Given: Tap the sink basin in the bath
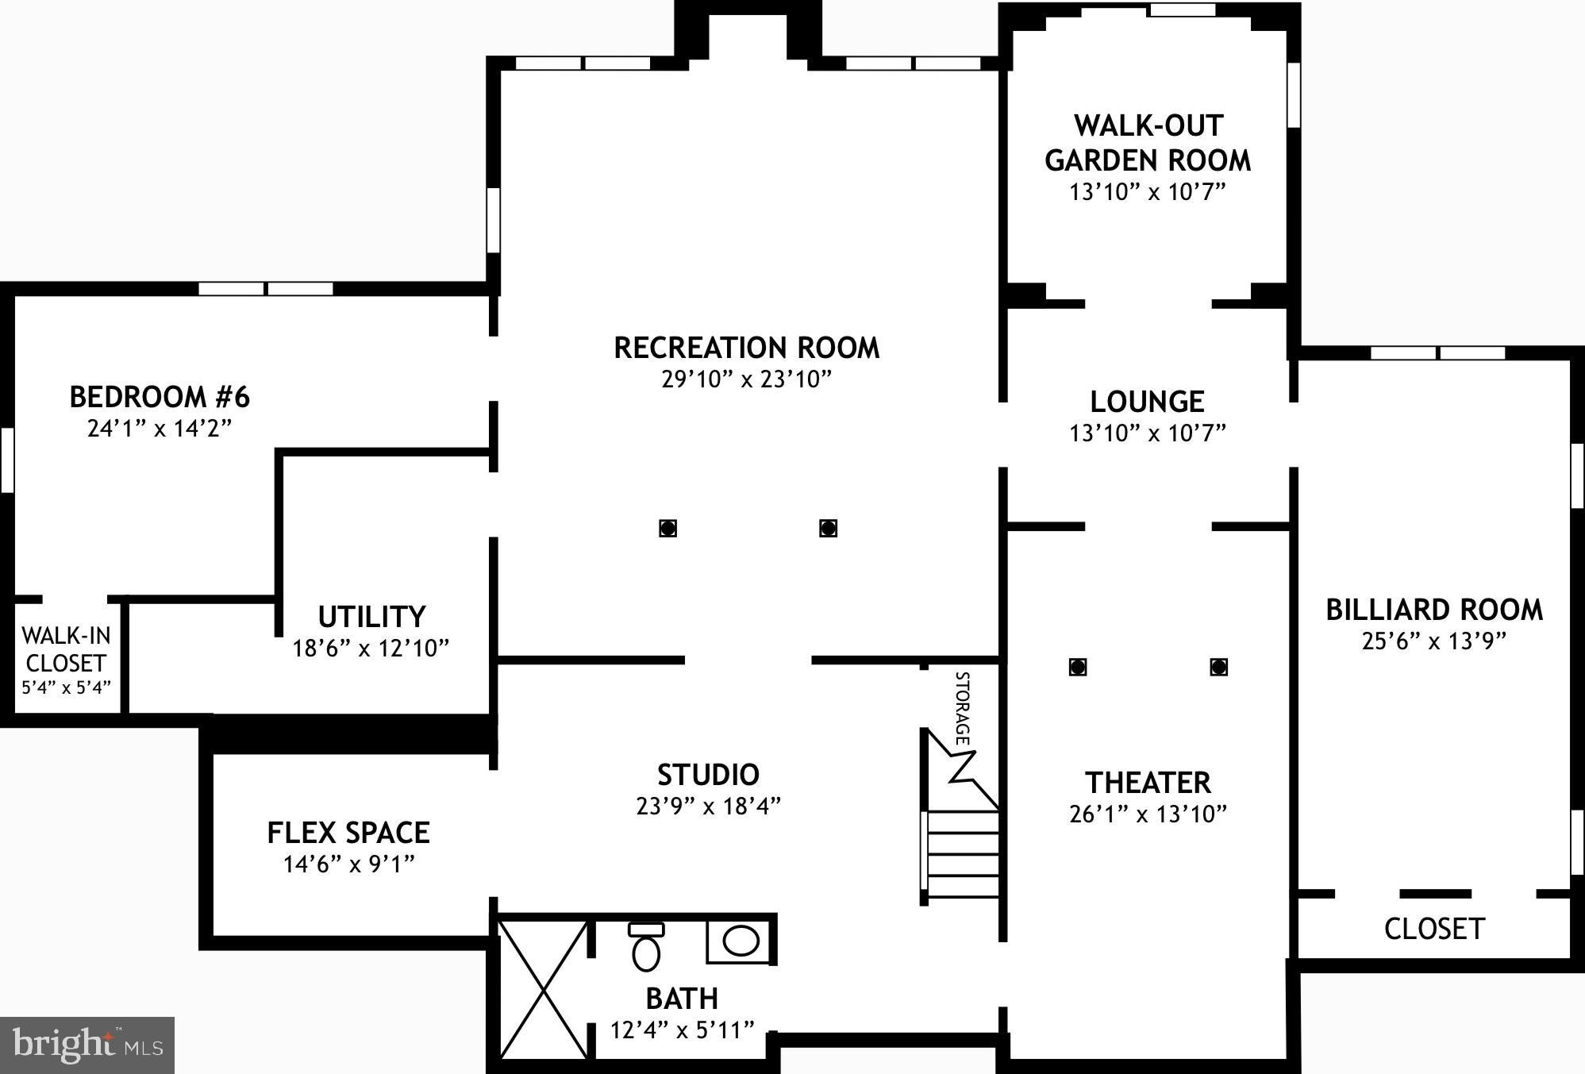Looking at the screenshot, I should point(741,941).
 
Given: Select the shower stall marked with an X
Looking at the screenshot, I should point(544,988).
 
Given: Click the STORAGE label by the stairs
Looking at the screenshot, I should point(962,708).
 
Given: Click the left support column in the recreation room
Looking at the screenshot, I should point(668,528).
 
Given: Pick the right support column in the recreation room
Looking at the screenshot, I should point(829,528).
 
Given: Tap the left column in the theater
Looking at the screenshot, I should point(1077,667).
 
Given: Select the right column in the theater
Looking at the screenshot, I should point(1219,667).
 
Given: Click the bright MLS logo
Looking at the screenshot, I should point(87,1045).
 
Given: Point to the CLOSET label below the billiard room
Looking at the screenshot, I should point(1434,929).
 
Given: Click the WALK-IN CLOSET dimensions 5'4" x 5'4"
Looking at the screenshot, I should point(66,687).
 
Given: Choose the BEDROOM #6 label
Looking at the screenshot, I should point(160,396).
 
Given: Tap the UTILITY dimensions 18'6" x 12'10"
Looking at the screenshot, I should point(371,649).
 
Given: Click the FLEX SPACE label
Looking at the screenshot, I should point(348,833).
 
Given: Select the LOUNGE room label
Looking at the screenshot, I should point(1147,402).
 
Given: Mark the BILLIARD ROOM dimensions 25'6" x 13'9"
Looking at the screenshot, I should point(1434,641).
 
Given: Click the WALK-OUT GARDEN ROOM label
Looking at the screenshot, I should point(1148,143).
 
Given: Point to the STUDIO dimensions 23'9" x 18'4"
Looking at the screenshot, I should point(708,806).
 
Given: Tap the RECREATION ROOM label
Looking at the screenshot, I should point(747,348).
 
